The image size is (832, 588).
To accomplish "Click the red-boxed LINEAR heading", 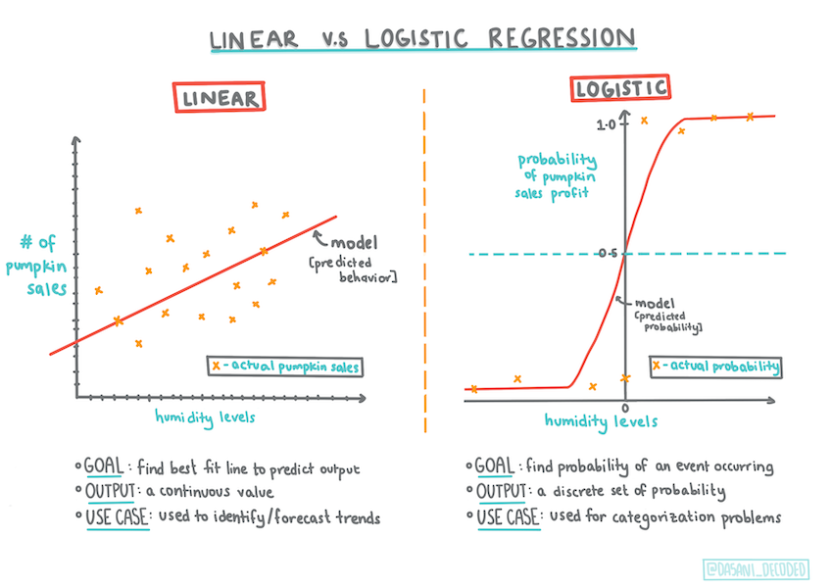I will point(220,98).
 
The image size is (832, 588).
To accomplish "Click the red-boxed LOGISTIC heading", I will point(620,88).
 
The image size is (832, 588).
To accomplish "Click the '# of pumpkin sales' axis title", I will point(41,266).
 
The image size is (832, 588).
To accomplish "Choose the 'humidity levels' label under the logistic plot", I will point(601,421).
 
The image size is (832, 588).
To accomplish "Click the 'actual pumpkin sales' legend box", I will point(284,367).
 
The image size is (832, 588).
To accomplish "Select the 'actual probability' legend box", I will point(715,367).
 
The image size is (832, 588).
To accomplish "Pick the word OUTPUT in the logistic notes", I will point(500,492).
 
